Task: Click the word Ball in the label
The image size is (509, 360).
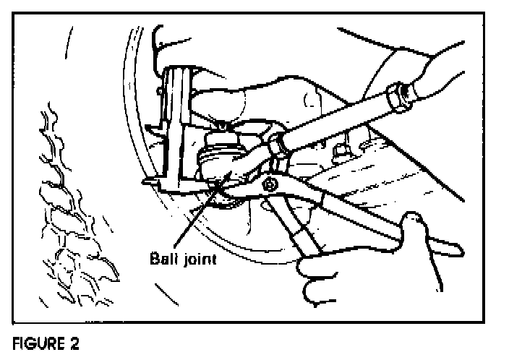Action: tap(163, 257)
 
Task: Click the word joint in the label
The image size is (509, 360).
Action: tap(198, 257)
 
